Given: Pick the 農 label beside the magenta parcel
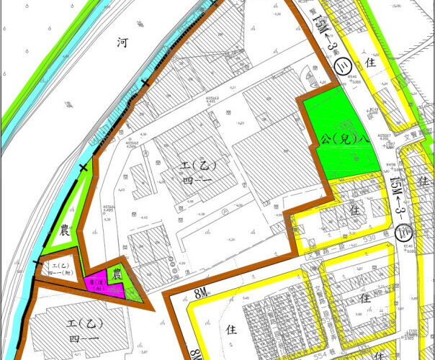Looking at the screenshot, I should [115, 274].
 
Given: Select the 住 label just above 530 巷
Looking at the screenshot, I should [354, 212].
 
